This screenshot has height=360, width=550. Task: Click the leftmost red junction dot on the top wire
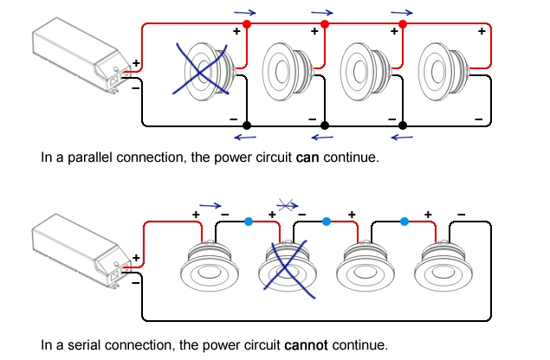[246, 24]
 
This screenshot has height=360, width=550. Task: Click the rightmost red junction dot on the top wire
[403, 24]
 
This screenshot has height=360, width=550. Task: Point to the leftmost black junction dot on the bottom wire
[246, 125]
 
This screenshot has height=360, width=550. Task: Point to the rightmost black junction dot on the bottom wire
[402, 125]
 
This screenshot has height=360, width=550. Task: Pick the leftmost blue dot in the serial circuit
[248, 221]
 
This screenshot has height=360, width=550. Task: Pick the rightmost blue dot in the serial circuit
[404, 221]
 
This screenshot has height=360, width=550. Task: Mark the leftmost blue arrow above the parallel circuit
[244, 12]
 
